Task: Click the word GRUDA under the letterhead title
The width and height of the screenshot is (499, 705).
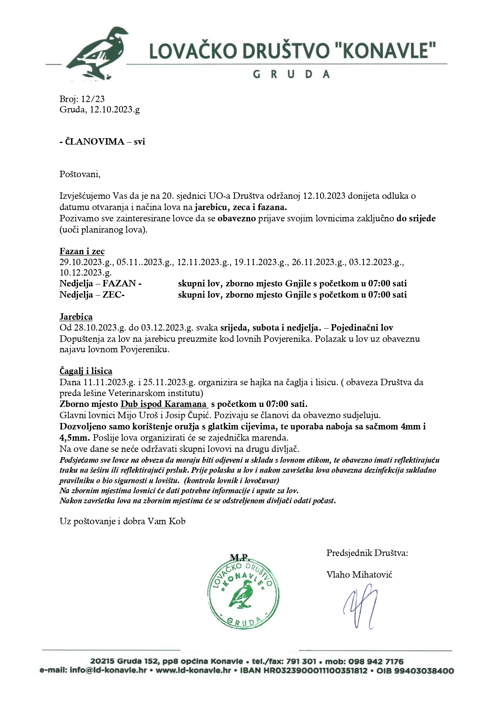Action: coord(291,74)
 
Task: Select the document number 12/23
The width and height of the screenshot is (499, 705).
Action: coord(93,99)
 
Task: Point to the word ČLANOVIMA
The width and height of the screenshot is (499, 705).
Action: coord(94,141)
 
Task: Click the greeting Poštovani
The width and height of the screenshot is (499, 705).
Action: coord(80,174)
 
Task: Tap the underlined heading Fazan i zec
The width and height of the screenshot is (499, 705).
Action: coord(82,251)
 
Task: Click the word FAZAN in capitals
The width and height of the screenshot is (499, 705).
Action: coord(119,284)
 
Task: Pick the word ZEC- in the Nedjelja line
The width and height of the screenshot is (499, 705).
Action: coord(114,295)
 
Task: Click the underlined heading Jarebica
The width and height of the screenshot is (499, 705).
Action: coord(76,317)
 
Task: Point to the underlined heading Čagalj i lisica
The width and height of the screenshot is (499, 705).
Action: coord(86,371)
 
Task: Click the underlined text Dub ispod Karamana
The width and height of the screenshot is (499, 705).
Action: coord(164,404)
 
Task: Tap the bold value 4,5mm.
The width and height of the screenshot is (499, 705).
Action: coord(75,437)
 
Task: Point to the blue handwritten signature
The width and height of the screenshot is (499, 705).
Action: coord(360,606)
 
